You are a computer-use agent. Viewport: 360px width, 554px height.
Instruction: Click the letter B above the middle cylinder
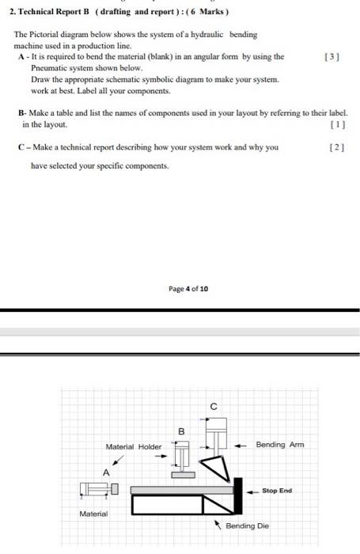[x=180, y=431]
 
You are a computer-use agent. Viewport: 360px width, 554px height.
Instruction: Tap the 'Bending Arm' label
[x=280, y=445]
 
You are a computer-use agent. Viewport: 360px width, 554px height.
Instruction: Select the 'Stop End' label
[x=277, y=491]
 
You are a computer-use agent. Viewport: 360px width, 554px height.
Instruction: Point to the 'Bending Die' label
[x=247, y=526]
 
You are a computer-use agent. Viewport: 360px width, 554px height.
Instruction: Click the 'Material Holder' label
[x=133, y=447]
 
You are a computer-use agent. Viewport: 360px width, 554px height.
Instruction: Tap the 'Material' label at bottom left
[x=93, y=514]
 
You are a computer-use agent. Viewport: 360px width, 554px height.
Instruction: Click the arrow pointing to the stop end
[x=253, y=491]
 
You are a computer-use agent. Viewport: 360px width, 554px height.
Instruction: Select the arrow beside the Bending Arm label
[x=244, y=445]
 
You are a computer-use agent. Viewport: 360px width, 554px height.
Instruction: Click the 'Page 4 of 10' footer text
[x=188, y=290]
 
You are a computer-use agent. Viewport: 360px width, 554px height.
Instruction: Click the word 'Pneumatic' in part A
[x=50, y=69]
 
